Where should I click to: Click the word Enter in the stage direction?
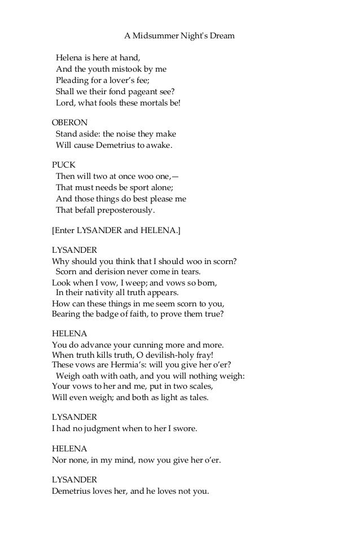point(65,230)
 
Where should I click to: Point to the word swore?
point(185,429)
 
